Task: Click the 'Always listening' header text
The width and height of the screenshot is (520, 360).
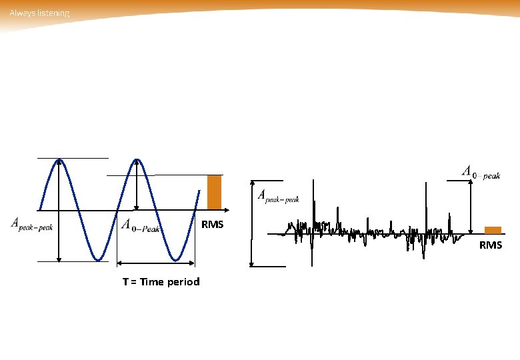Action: (x=39, y=13)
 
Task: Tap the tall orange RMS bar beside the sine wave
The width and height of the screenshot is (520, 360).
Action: (x=214, y=193)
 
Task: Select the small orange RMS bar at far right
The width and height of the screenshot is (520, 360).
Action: (x=493, y=230)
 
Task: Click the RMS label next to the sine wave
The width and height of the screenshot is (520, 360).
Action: (x=213, y=225)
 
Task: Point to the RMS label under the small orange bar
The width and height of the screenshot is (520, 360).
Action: (x=491, y=245)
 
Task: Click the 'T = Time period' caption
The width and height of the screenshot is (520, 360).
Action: (x=161, y=281)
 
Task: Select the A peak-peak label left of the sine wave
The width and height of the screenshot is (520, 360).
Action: (x=32, y=225)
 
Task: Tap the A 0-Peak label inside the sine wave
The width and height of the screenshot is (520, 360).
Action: (x=141, y=226)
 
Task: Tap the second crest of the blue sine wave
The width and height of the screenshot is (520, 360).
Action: (x=137, y=160)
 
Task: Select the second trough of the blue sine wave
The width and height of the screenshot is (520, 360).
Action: (x=176, y=259)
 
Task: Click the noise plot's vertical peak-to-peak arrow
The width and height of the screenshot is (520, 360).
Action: (x=251, y=223)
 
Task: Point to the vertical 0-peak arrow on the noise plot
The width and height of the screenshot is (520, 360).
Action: (x=471, y=207)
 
